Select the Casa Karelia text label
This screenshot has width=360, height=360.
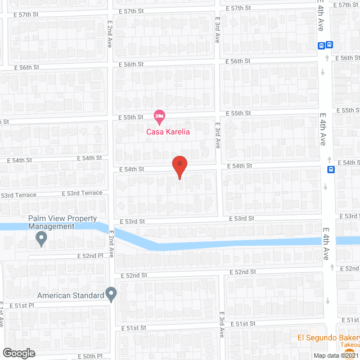tap(168, 132)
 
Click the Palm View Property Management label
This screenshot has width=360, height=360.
tap(51, 222)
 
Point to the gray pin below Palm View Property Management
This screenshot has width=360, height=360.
tap(41, 240)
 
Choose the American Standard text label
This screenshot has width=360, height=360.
tap(71, 295)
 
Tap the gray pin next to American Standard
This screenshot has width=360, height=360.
tap(111, 294)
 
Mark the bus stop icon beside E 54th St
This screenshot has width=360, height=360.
tap(332, 169)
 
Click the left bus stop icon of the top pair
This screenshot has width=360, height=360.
tap(321, 46)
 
